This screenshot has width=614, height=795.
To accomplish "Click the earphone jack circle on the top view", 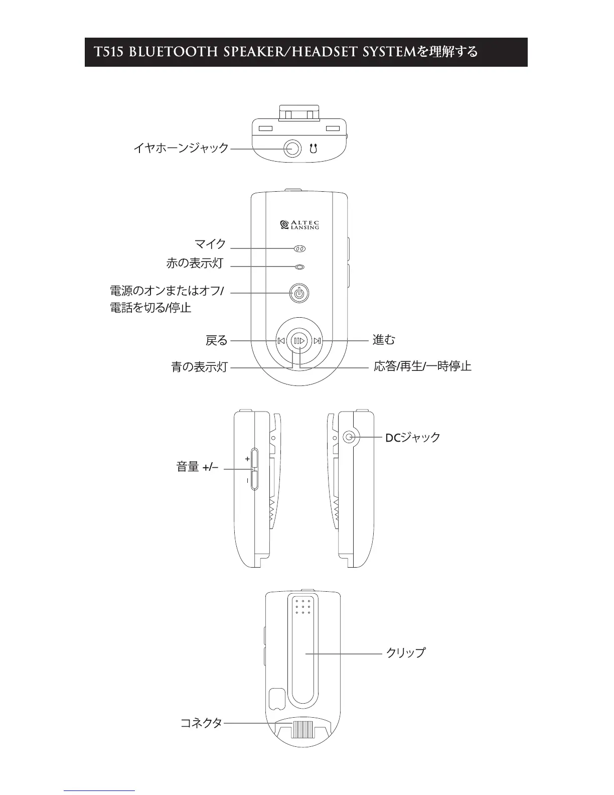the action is click(x=293, y=149).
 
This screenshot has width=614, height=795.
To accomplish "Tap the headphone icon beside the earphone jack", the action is click(x=314, y=149).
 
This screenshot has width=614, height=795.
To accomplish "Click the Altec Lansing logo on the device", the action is click(x=299, y=225).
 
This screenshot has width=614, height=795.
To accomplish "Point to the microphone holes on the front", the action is click(x=299, y=248).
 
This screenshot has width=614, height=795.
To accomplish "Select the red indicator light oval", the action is click(x=299, y=267).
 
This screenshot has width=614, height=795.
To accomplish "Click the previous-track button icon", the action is click(x=281, y=341).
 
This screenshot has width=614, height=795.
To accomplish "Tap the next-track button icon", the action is click(x=317, y=341).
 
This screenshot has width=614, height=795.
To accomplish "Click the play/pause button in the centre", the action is click(x=299, y=341).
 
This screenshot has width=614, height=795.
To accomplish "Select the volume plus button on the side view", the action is click(x=253, y=459).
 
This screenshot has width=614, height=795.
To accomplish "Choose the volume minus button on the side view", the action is click(x=253, y=480).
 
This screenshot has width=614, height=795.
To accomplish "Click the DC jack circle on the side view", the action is click(x=350, y=437).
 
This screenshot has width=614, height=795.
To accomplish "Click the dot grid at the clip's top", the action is click(x=302, y=606).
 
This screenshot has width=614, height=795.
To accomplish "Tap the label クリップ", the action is click(x=405, y=653).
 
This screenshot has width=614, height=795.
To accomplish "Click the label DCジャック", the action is click(x=412, y=438).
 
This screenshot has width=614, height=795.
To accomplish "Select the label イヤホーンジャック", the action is click(x=181, y=148).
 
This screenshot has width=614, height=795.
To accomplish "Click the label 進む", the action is click(x=384, y=340).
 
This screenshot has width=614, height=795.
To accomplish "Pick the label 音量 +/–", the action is click(x=197, y=467).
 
